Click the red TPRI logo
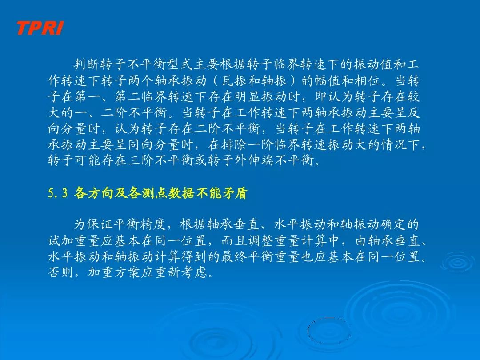(x=40, y=28)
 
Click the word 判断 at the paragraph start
(x=87, y=64)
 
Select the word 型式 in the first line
(x=180, y=64)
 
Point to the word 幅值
(x=328, y=80)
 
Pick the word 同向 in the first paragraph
(x=141, y=144)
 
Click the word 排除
(x=235, y=144)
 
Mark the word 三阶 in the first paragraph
(x=141, y=160)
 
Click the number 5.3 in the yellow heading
(x=57, y=193)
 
